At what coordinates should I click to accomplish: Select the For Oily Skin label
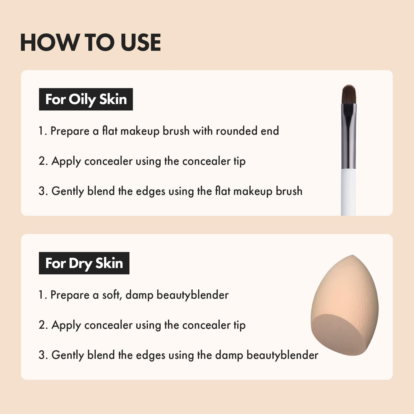click(x=86, y=99)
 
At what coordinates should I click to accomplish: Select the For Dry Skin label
click(x=84, y=263)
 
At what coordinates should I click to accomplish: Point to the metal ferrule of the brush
click(x=349, y=138)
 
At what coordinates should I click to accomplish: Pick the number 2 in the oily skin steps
click(x=43, y=161)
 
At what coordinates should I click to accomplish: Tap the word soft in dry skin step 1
click(x=112, y=295)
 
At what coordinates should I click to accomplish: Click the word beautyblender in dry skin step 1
click(x=192, y=295)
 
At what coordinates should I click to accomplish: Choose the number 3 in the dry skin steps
click(x=43, y=355)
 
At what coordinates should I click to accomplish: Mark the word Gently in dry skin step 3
click(x=67, y=355)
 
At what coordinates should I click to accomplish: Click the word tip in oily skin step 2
click(x=239, y=161)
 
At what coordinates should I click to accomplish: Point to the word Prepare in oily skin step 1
click(x=70, y=131)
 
